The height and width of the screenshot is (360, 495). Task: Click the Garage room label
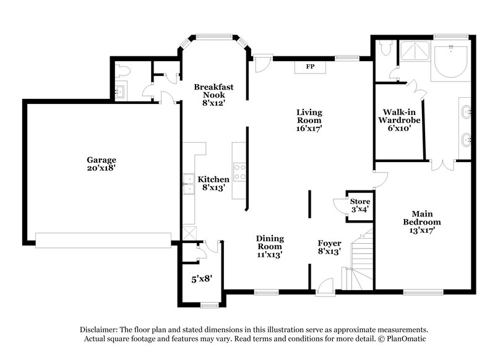click(101, 164)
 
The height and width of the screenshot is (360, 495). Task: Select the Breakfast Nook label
click(213, 95)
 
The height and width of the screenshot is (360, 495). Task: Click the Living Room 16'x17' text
click(309, 121)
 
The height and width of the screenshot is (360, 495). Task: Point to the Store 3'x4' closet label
click(359, 205)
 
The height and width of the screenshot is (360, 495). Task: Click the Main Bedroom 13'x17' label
click(421, 221)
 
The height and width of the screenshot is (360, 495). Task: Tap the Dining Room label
click(270, 246)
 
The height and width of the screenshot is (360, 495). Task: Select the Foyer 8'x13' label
click(329, 247)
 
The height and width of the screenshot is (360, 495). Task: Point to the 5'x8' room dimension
click(202, 279)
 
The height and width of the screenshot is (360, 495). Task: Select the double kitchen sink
click(187, 184)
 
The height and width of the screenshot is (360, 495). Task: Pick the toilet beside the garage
click(122, 72)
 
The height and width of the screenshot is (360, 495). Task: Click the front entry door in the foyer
click(324, 286)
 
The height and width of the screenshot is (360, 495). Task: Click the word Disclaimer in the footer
click(98, 330)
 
